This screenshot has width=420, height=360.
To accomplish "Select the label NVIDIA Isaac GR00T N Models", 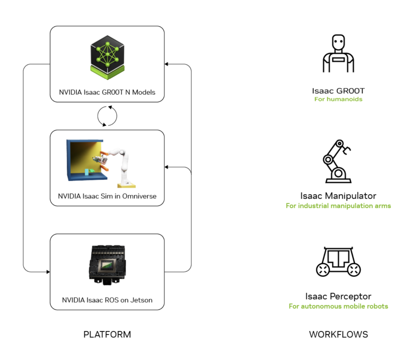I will click(x=107, y=93).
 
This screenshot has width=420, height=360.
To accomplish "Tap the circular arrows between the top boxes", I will click(x=107, y=115).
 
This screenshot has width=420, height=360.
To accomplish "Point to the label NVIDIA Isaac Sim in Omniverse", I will click(x=107, y=196).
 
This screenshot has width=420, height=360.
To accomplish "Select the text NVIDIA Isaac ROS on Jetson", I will click(x=107, y=300).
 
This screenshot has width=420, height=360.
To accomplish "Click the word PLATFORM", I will click(x=107, y=334).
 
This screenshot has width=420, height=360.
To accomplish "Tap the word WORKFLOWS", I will click(x=338, y=334).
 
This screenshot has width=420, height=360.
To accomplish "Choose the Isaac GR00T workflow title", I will click(x=338, y=91).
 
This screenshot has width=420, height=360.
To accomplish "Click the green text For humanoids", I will click(x=338, y=99).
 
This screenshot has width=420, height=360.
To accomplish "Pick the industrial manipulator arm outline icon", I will click(x=337, y=161).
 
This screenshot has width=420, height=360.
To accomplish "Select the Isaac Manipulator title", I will click(x=338, y=196).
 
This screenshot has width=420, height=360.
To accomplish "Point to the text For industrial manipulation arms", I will click(x=338, y=206).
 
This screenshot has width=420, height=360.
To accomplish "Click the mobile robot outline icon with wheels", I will click(x=338, y=262).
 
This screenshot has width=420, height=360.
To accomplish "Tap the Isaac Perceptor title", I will click(x=338, y=297).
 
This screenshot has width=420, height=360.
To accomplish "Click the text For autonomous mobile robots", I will click(x=338, y=306).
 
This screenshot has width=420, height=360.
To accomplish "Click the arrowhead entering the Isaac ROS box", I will click(x=48, y=272).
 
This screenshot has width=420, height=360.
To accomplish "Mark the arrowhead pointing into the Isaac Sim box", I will click(x=166, y=167).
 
